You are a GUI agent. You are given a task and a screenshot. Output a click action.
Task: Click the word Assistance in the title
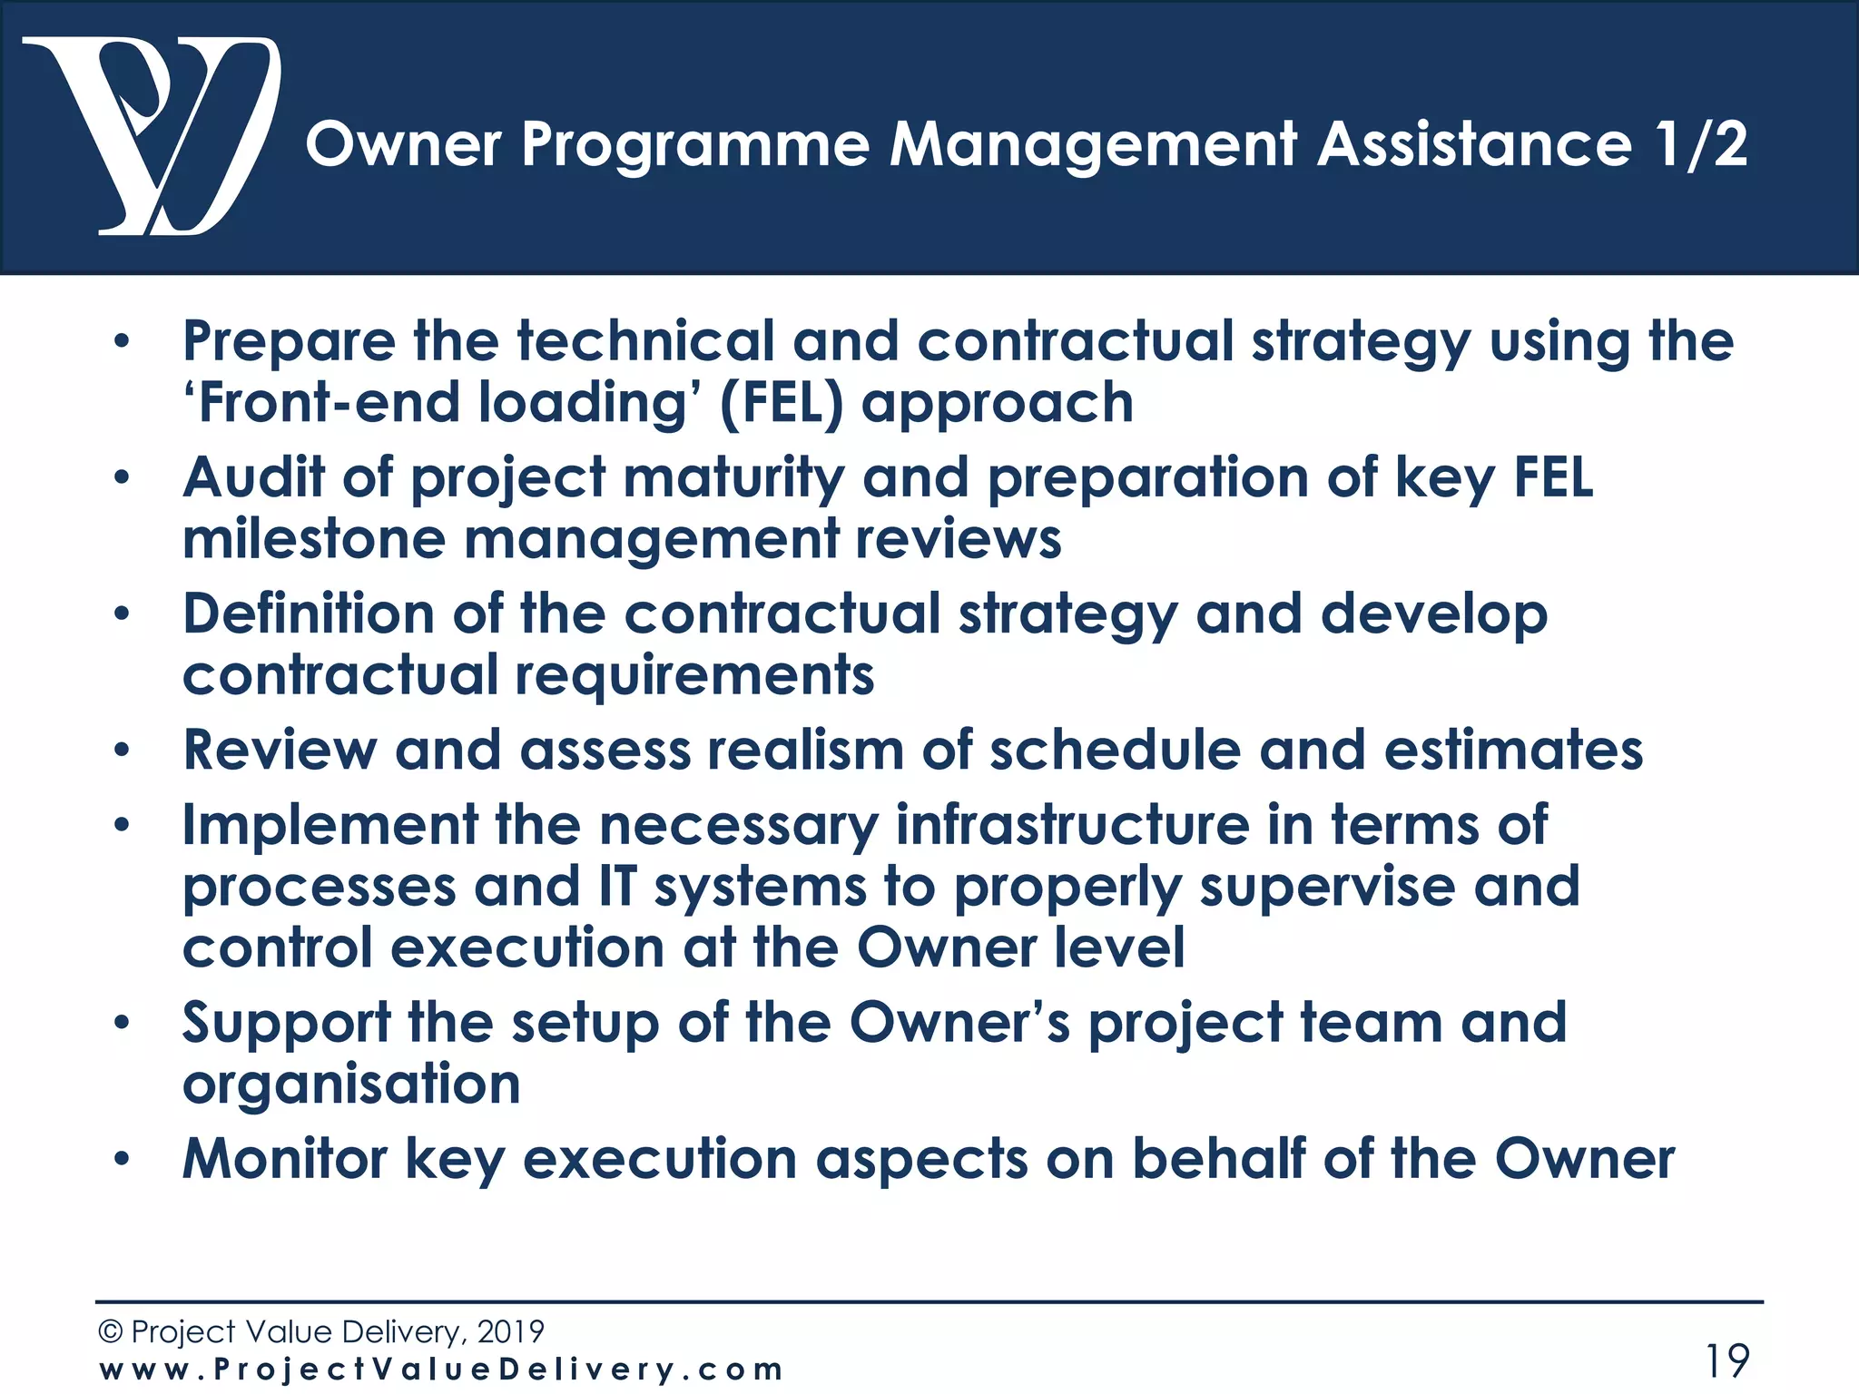1474,145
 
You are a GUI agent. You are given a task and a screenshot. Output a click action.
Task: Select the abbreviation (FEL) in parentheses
782,403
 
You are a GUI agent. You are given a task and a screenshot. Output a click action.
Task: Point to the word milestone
314,539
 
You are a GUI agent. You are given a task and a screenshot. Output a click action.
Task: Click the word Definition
309,614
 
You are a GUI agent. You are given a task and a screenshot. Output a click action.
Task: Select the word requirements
694,676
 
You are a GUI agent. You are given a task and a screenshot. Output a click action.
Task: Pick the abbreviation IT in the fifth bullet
617,887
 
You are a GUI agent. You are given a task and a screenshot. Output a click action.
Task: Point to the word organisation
351,1085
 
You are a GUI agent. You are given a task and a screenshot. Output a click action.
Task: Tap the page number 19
1727,1360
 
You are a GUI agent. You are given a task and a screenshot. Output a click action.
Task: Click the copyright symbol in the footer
110,1331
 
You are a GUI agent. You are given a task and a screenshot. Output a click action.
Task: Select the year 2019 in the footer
511,1331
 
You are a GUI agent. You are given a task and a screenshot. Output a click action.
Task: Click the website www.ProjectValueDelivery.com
441,1369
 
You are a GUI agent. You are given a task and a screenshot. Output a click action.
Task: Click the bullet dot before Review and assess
123,751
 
